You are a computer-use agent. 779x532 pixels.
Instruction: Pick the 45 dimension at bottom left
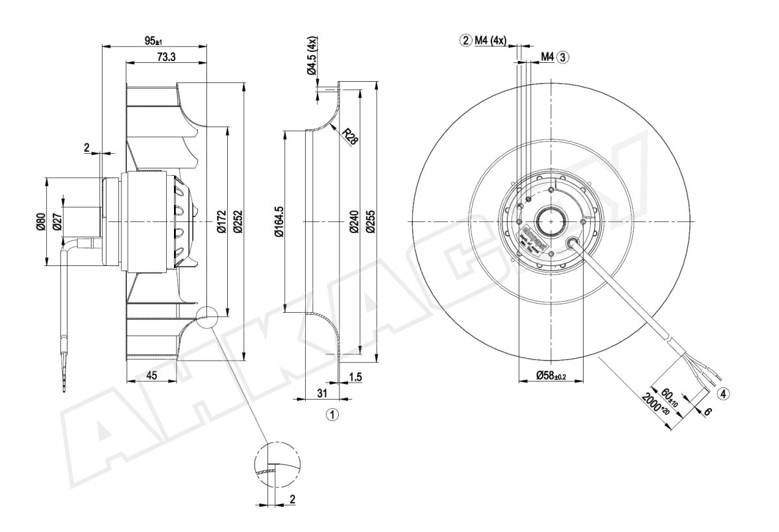pos(152,375)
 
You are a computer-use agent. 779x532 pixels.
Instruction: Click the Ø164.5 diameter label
pos(279,222)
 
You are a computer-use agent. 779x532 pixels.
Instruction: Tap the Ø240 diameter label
pos(353,222)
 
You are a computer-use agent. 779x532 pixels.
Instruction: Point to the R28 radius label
pos(350,137)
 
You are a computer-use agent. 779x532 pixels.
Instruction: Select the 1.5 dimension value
pos(354,376)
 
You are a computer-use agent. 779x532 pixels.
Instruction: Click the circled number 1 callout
pos(332,413)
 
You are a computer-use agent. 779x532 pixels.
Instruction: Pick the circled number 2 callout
pos(465,40)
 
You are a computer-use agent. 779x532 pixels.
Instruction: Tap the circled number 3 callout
pos(562,57)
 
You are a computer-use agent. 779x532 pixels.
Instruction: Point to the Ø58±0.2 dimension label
pos(552,376)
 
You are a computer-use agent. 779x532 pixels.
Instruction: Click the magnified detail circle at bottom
pos(277,466)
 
